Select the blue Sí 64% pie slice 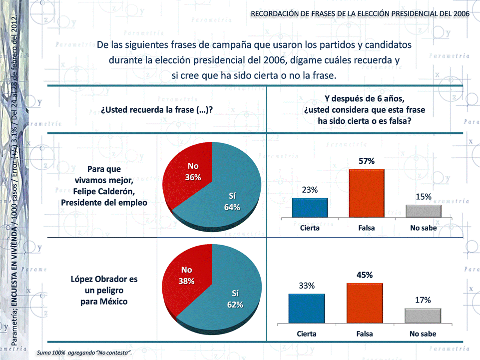click(230, 200)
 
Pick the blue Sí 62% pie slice click(230, 300)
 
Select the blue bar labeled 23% click(310, 207)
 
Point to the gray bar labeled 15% click(424, 211)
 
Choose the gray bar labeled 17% click(423, 316)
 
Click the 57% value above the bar click(367, 161)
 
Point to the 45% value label click(365, 275)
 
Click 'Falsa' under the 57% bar click(367, 228)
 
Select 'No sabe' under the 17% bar click(423, 334)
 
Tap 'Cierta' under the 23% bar click(310, 228)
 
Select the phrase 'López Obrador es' click(104, 279)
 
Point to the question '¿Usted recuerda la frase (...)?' click(157, 110)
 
